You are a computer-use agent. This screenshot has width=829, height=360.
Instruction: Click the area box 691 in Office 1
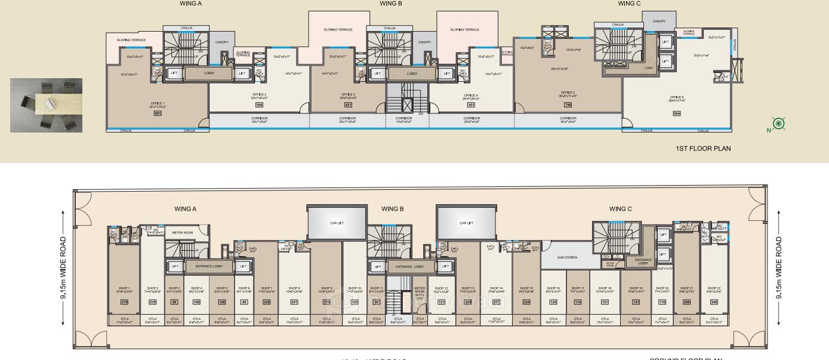point(158,113)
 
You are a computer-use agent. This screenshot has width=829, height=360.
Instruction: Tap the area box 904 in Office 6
point(676,113)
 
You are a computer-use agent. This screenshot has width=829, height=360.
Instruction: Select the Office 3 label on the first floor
point(348,94)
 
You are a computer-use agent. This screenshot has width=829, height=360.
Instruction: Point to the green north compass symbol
point(778,124)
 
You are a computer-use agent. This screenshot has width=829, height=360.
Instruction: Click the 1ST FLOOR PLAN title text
point(702,148)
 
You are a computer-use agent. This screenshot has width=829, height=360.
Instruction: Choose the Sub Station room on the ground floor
point(567,257)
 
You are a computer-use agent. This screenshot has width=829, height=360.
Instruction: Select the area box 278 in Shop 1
point(125,302)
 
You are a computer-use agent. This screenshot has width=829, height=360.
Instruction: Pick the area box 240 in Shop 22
point(714,302)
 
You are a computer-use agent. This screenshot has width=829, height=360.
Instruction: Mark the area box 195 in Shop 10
point(355,302)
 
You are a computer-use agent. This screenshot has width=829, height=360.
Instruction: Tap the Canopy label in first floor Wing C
point(659,21)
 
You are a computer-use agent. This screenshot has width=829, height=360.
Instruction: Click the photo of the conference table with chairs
point(47,105)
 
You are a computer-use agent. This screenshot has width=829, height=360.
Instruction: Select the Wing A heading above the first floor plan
point(190,4)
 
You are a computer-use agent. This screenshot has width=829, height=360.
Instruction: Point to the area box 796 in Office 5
point(568,104)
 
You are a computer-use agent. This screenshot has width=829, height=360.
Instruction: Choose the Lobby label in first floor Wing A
point(209,73)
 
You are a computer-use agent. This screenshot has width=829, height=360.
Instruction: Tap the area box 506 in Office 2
point(259,104)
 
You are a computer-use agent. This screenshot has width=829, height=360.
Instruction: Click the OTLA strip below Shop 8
point(294,321)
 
